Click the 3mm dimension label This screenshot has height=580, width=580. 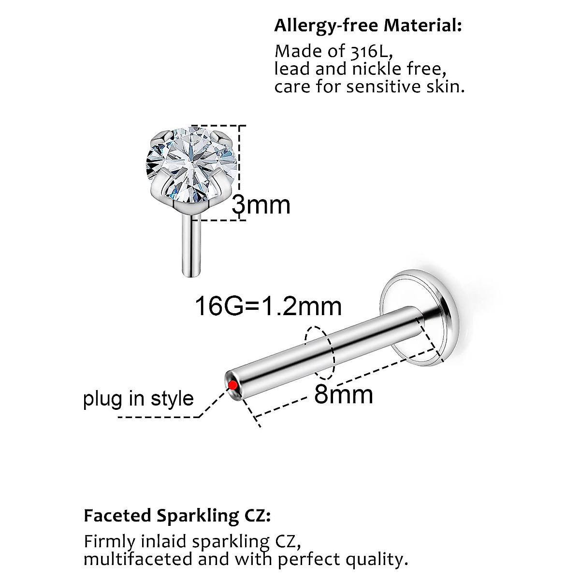(x=261, y=205)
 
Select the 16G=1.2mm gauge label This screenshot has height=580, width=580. (x=268, y=306)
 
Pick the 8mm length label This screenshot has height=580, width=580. (x=344, y=394)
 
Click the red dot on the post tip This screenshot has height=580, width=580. (x=232, y=385)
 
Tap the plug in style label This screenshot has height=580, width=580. (x=138, y=399)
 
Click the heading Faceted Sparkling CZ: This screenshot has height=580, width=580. (x=177, y=515)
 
